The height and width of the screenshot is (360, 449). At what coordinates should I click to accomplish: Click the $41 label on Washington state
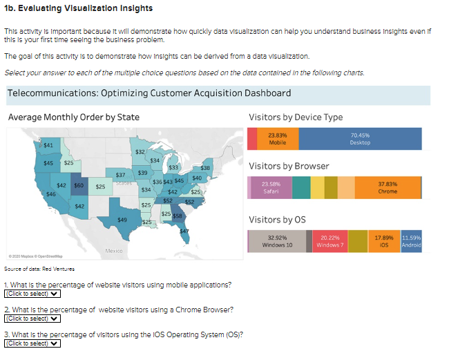pyautogui.click(x=48, y=145)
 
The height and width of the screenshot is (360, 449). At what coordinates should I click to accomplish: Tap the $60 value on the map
pyautogui.click(x=79, y=185)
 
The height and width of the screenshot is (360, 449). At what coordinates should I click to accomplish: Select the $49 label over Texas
pyautogui.click(x=122, y=219)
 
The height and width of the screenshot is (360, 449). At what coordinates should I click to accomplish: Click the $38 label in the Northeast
pyautogui.click(x=205, y=168)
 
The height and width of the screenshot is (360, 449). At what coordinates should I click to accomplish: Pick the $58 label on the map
pyautogui.click(x=177, y=216)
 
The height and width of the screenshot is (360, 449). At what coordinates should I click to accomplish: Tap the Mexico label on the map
pyautogui.click(x=114, y=249)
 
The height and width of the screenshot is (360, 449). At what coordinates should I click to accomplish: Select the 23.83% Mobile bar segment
pyautogui.click(x=278, y=139)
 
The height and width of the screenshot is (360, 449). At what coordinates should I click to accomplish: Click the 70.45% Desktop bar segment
pyautogui.click(x=360, y=139)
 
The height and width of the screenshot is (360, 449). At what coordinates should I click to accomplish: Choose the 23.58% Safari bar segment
pyautogui.click(x=269, y=187)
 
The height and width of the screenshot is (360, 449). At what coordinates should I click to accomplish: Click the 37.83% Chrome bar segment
pyautogui.click(x=388, y=187)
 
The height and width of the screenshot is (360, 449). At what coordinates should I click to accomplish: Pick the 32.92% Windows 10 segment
pyautogui.click(x=279, y=241)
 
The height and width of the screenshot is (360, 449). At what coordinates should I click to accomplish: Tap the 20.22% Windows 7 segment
pyautogui.click(x=329, y=241)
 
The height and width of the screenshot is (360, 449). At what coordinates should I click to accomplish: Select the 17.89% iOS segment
pyautogui.click(x=383, y=241)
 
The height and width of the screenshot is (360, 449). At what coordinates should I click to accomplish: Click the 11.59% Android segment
pyautogui.click(x=411, y=241)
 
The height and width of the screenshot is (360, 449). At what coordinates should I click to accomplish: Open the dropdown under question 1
pyautogui.click(x=32, y=294)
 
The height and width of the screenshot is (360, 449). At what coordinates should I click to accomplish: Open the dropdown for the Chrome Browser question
pyautogui.click(x=32, y=319)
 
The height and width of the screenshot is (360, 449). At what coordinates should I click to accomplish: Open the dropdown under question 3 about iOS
pyautogui.click(x=32, y=343)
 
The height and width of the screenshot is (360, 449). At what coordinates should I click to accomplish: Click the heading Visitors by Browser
pyautogui.click(x=289, y=166)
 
